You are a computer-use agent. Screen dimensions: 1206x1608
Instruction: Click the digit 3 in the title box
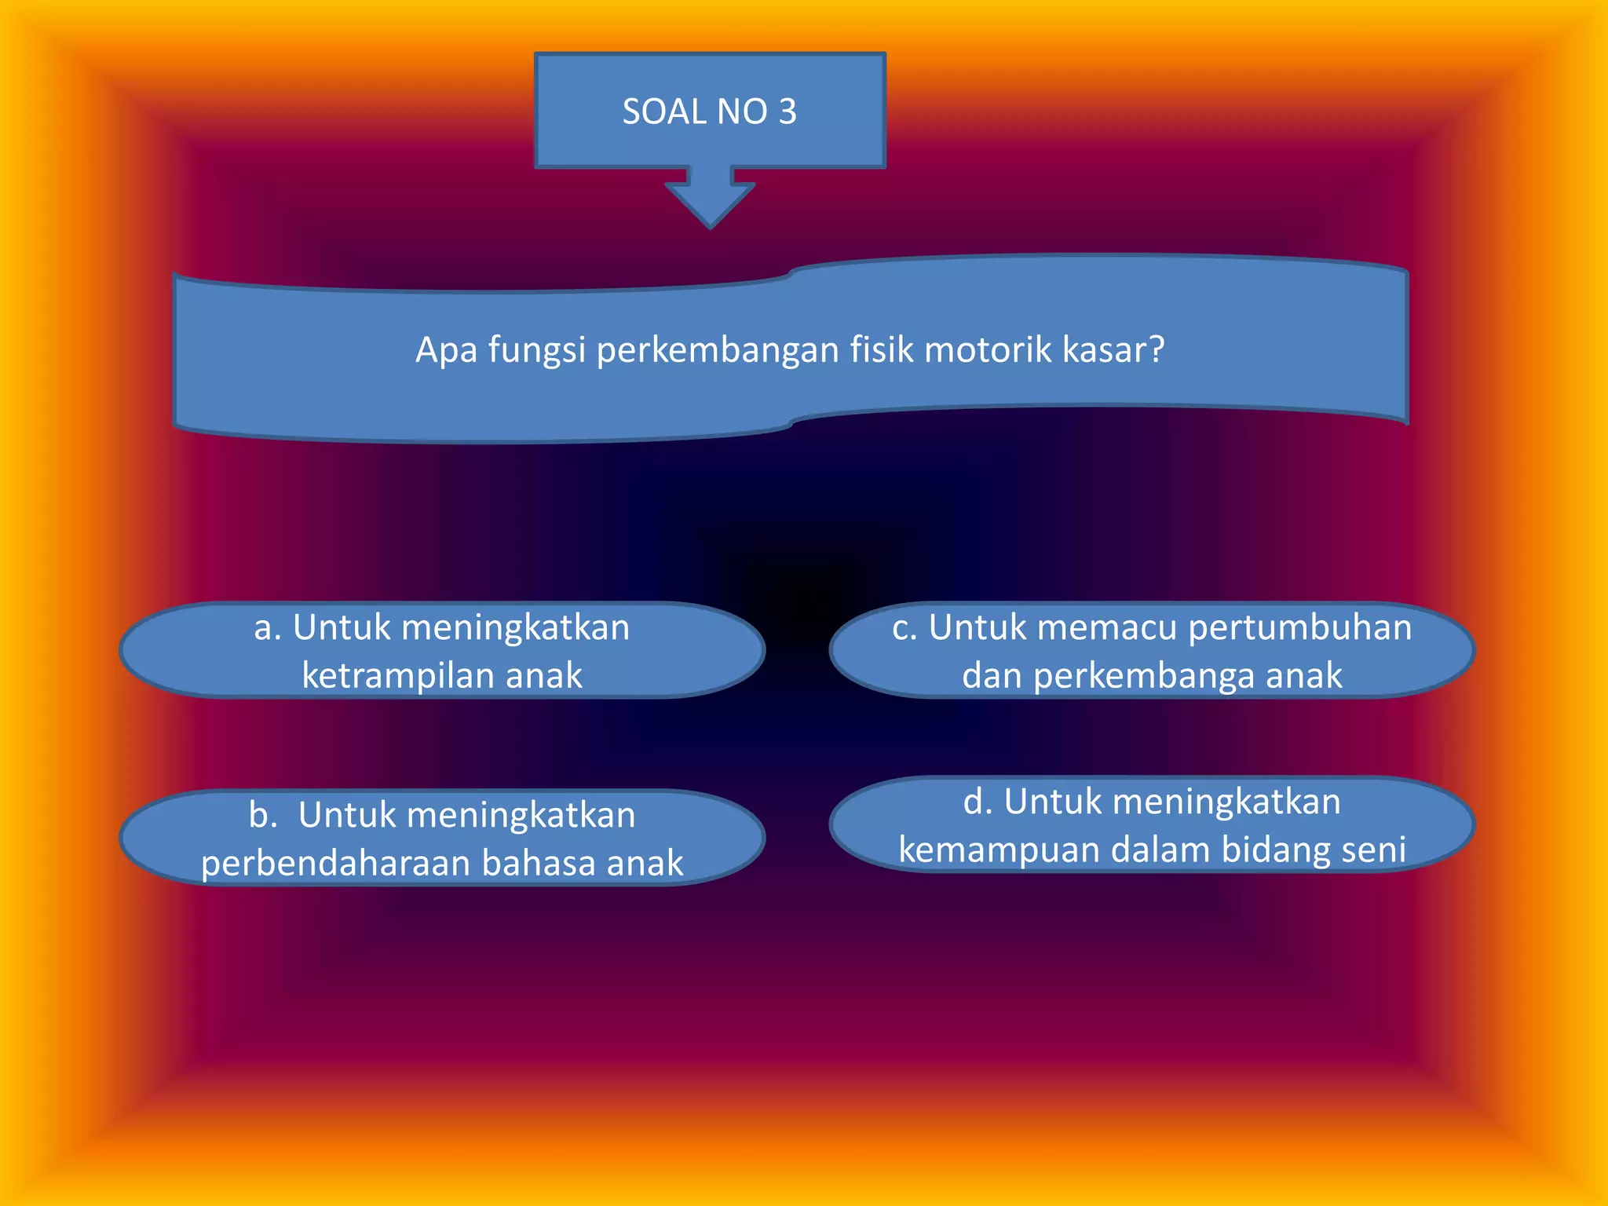pos(788,112)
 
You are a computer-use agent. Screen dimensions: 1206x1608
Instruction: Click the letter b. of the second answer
pos(263,815)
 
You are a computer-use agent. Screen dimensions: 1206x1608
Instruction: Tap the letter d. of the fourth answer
pos(978,802)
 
